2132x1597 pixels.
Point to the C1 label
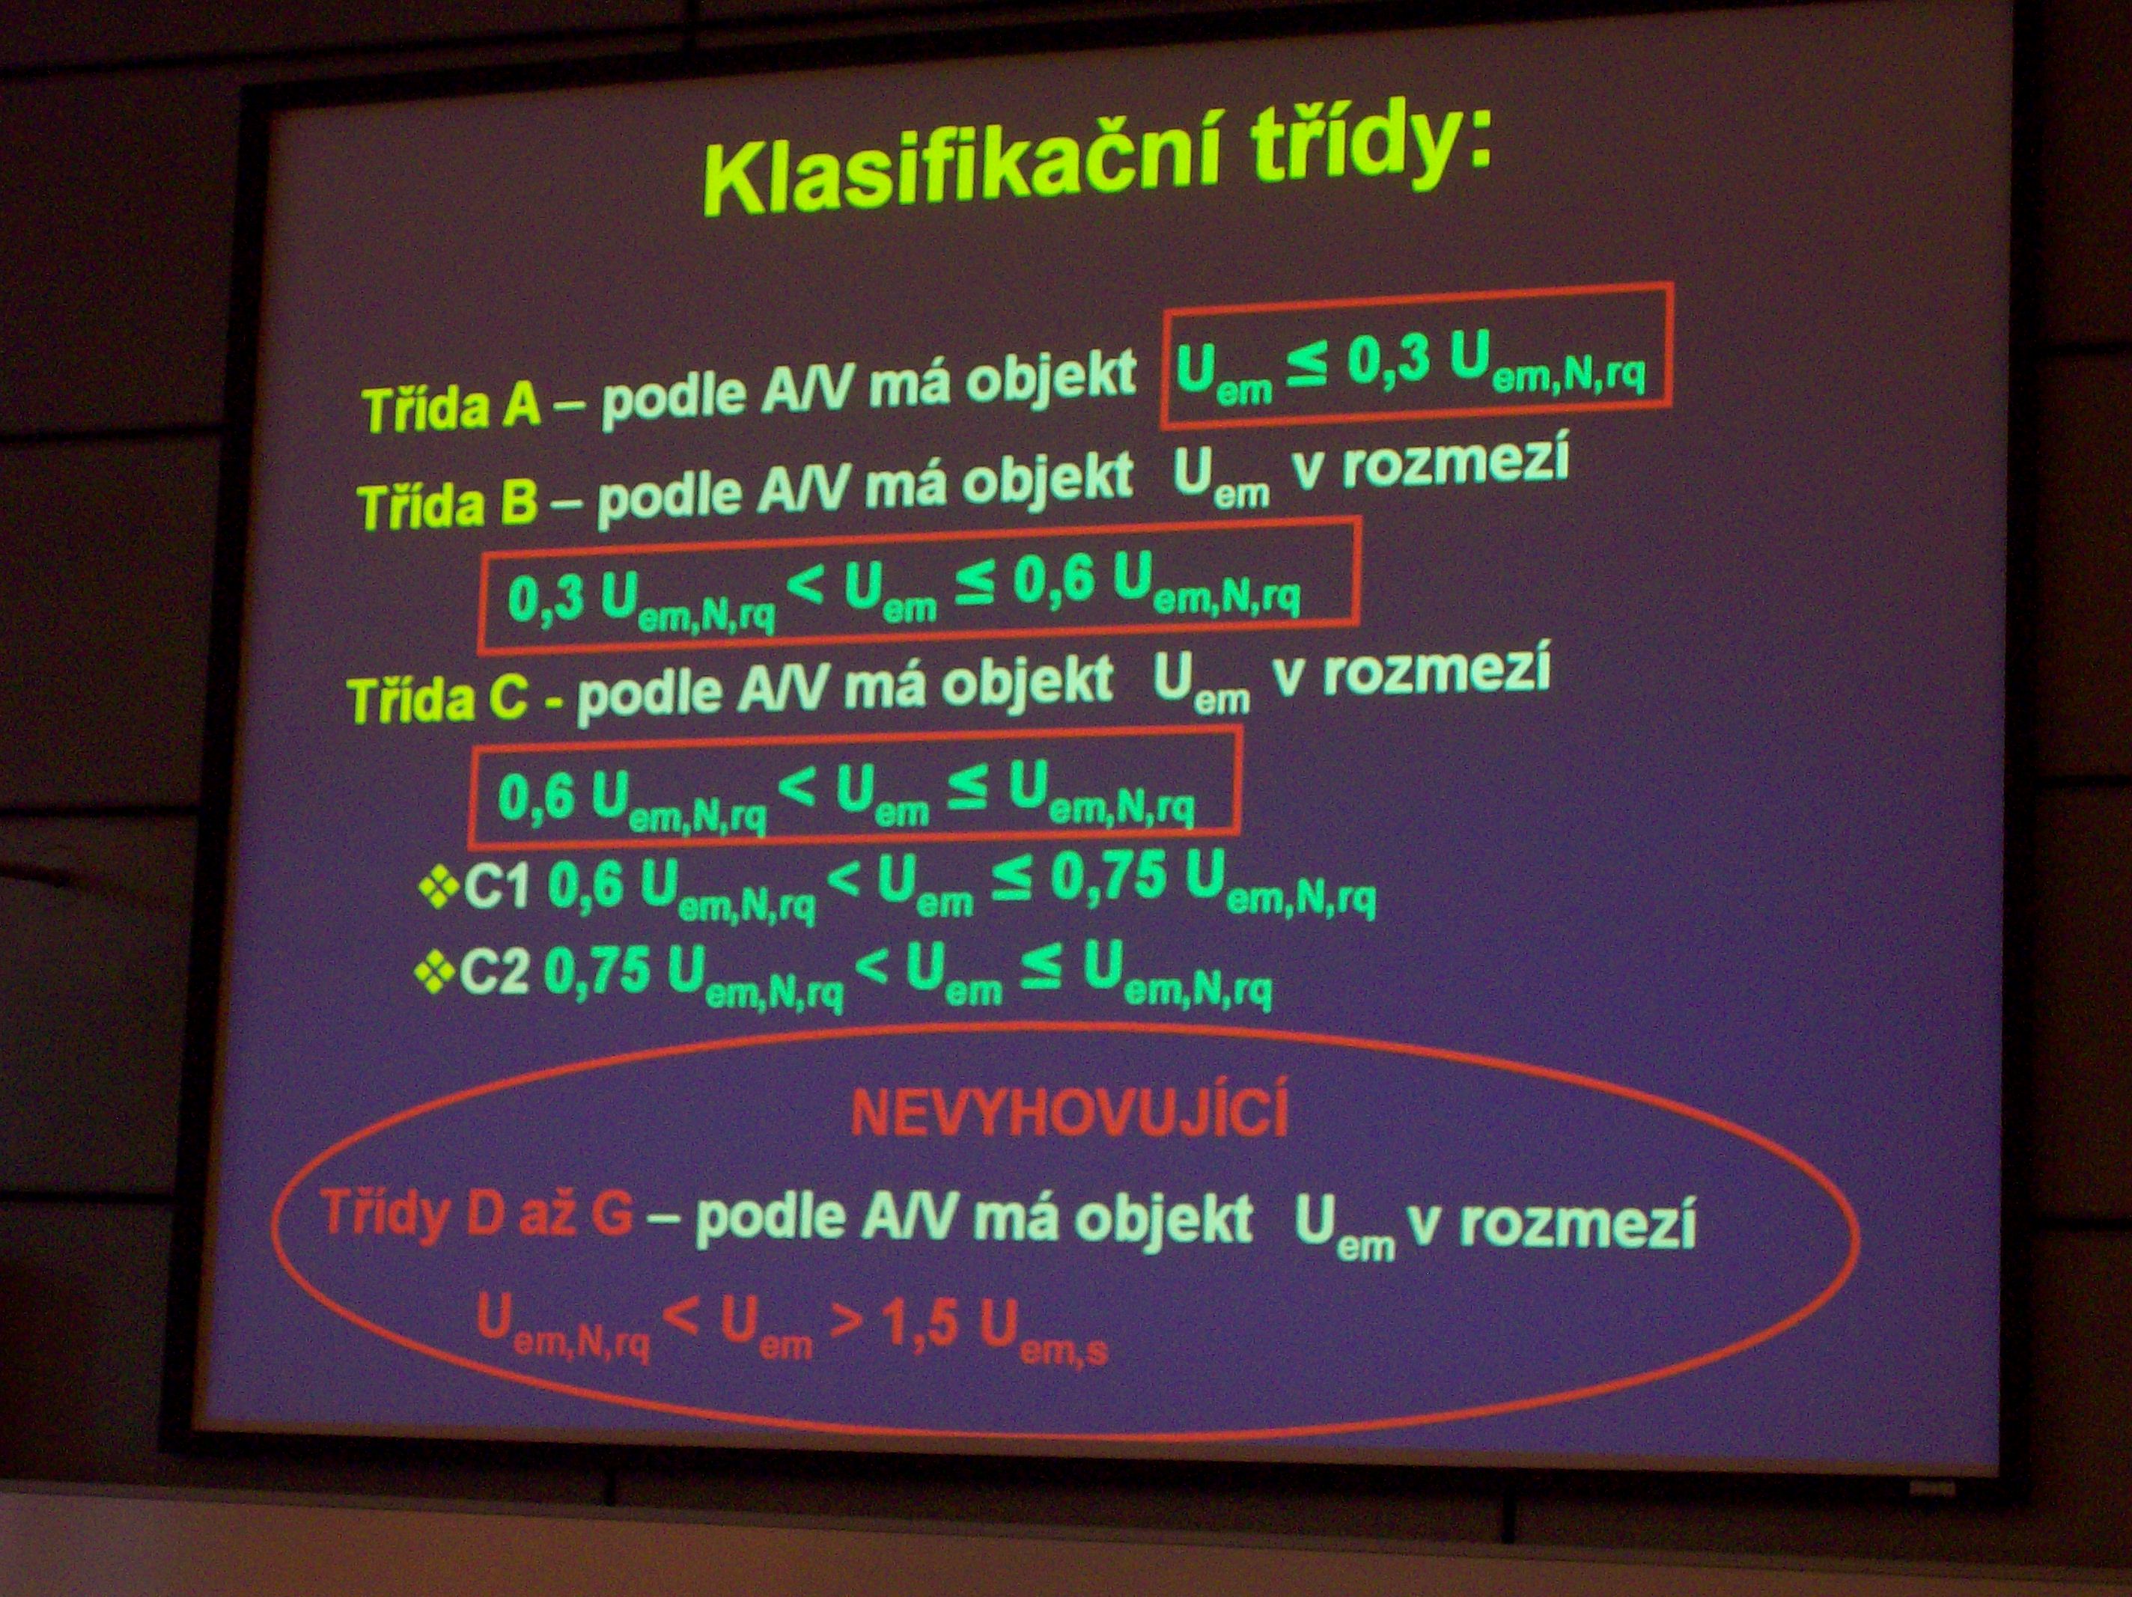[x=496, y=888]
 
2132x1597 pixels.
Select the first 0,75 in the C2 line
[x=597, y=971]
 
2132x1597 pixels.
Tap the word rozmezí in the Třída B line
[x=1455, y=462]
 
